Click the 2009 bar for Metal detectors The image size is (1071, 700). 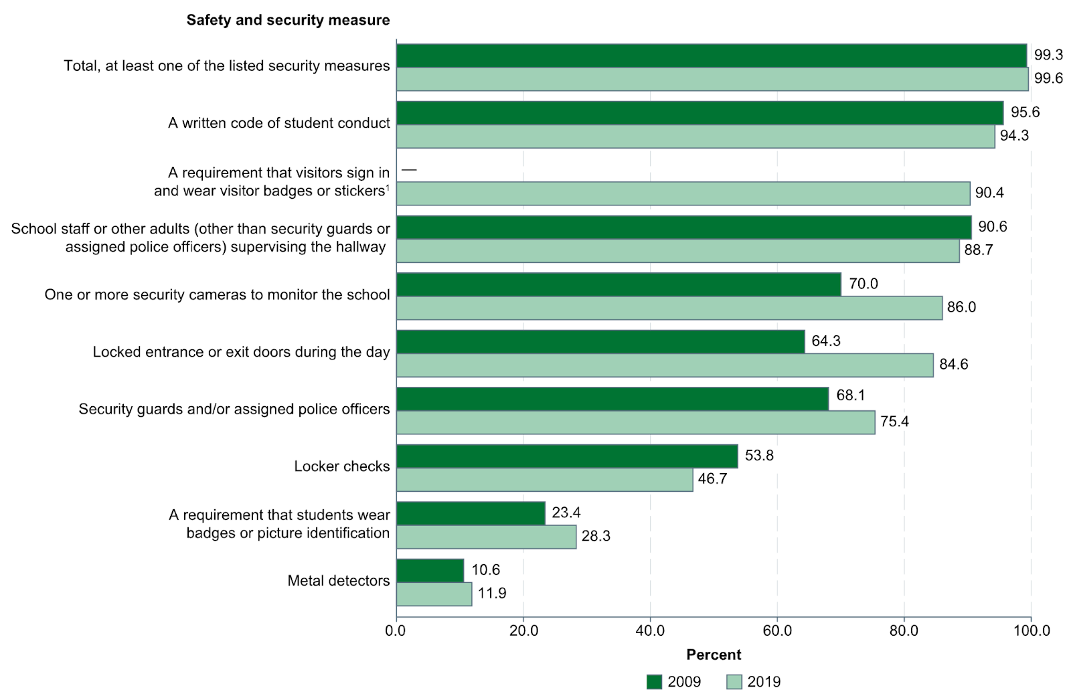click(x=430, y=570)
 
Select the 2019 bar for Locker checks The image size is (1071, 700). click(x=544, y=480)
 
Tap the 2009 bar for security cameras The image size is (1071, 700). click(x=619, y=284)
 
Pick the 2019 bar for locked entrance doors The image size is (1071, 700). click(x=665, y=365)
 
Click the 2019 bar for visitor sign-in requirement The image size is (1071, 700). click(x=683, y=193)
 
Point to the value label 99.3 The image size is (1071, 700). click(x=1048, y=55)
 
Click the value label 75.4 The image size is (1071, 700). click(x=894, y=422)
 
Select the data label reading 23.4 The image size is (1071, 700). click(x=566, y=513)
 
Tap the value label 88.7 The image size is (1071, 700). click(x=978, y=250)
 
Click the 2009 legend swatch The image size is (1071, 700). click(x=654, y=682)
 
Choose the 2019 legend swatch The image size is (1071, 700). click(x=734, y=682)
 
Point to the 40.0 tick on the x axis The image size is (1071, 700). click(x=650, y=630)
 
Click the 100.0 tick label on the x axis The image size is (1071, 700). click(x=1031, y=630)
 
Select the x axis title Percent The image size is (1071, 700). click(x=714, y=654)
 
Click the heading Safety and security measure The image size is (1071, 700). click(x=288, y=20)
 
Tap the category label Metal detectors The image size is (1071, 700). click(x=338, y=581)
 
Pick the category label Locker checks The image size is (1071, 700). click(x=341, y=466)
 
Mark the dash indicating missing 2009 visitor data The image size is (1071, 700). click(x=409, y=171)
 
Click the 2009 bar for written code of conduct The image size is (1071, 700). click(x=699, y=113)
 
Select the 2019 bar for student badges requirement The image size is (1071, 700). click(x=486, y=537)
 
